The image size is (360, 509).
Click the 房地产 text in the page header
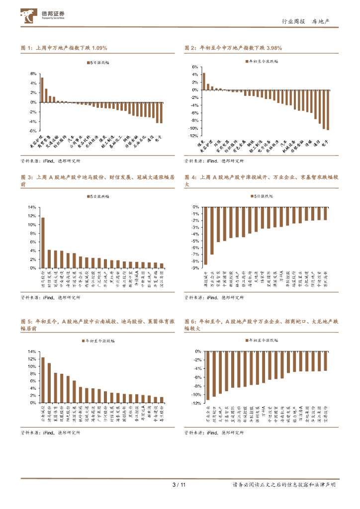click(x=324, y=22)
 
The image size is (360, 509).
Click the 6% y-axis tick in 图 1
click(x=33, y=74)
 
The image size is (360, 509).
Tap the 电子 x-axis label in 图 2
click(x=326, y=143)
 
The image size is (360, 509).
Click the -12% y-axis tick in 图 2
click(x=195, y=135)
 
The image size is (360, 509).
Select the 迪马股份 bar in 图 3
click(x=43, y=243)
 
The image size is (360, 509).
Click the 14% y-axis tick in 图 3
click(x=32, y=207)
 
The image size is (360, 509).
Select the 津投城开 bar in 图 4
click(x=205, y=236)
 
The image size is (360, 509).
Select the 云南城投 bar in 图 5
click(x=43, y=380)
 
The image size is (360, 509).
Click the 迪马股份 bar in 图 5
click(x=49, y=383)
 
